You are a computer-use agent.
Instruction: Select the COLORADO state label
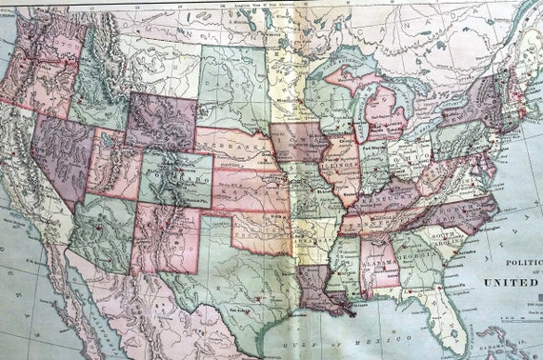177,179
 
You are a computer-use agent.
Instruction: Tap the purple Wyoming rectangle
162,122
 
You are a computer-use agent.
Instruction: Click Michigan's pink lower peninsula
387,113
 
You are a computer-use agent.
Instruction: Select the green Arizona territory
99,233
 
